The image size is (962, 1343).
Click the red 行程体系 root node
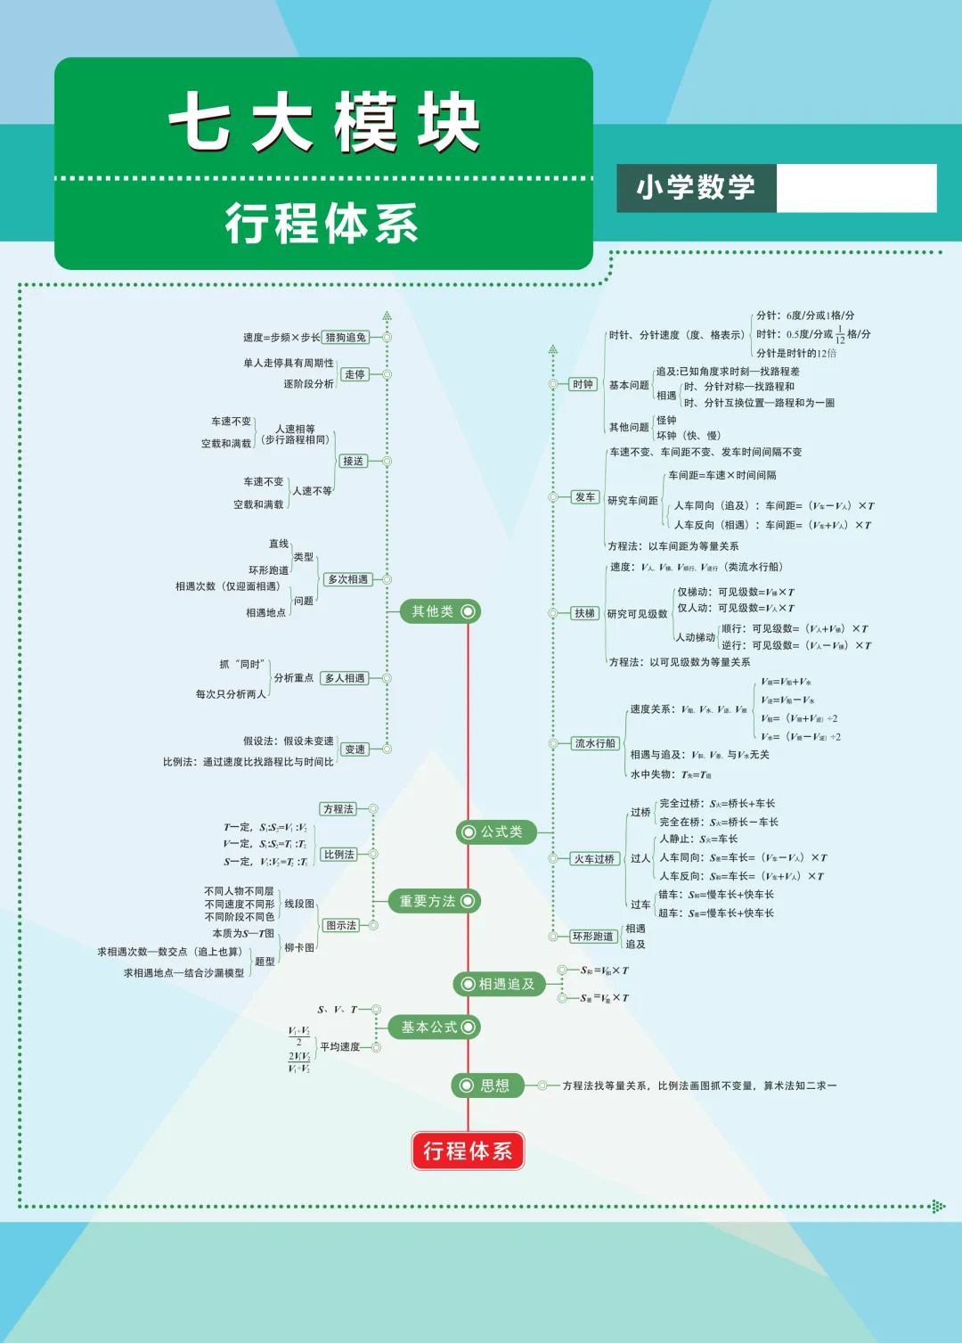468,1151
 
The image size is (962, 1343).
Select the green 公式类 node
495,831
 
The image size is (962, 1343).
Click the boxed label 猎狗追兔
346,337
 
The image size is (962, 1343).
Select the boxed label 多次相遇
347,579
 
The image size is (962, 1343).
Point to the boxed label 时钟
583,384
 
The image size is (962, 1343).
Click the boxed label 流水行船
595,743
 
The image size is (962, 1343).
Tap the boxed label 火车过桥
594,859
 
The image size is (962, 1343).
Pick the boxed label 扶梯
584,613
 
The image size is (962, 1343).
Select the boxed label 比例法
338,855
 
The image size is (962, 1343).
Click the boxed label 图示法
341,925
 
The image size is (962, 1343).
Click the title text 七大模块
324,122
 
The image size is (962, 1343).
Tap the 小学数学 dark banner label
696,188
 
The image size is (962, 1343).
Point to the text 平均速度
339,1047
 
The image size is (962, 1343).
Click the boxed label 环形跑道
593,937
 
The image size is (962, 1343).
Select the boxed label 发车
585,497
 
